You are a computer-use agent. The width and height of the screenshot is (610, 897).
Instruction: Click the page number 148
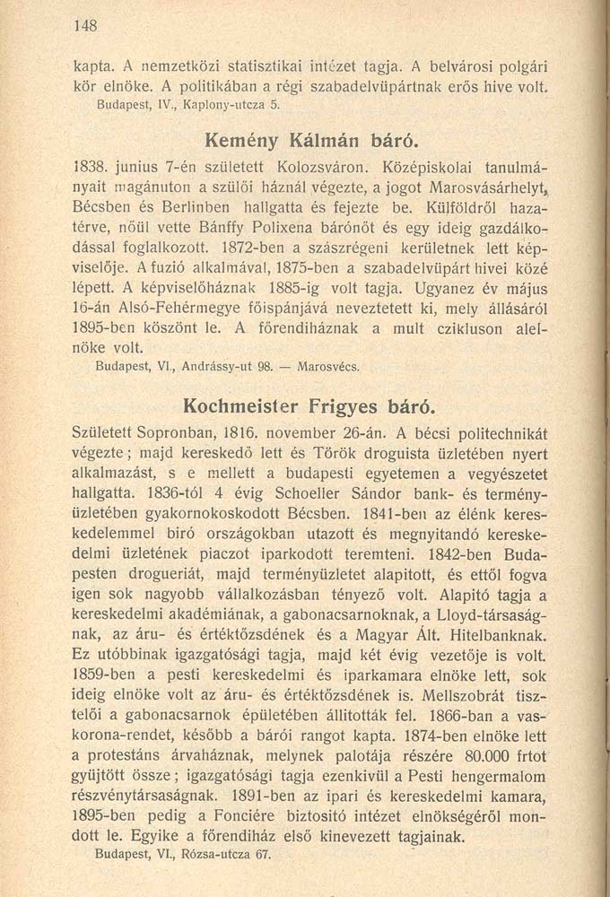point(85,26)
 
